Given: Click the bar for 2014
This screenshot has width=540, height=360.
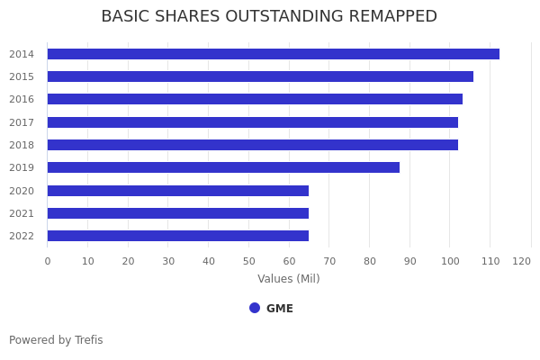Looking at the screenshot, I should coord(273,54).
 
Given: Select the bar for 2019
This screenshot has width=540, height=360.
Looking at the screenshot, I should coord(223,167).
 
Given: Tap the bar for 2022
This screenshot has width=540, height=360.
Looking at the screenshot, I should coord(177,236).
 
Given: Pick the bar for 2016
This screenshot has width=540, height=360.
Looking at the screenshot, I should coord(255,99).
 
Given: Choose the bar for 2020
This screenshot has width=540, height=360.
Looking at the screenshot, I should coord(177,191).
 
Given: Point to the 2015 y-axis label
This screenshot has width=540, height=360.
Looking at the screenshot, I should coord(22,76).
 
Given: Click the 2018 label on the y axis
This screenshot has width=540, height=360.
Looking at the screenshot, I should coord(22,145).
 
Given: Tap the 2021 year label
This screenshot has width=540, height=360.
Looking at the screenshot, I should coord(22,213).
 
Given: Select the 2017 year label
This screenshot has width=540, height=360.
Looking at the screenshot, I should coord(22,122).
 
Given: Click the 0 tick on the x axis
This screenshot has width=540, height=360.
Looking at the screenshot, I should coord(48,261).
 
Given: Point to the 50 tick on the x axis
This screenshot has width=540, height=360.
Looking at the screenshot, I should coord(249,261).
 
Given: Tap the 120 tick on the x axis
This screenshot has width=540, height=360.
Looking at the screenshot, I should coord(522,261).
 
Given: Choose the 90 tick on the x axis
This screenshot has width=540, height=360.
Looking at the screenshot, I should coord(410,261).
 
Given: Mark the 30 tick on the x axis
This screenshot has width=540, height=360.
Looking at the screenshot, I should coord(168,261).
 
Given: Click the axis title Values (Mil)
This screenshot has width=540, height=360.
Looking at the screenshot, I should coord(289,279).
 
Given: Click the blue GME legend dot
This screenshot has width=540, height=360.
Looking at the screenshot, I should coord(255,308).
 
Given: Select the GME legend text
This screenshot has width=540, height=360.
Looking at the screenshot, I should coord(280,309).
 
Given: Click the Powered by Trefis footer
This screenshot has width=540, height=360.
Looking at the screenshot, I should coord(56,340).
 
